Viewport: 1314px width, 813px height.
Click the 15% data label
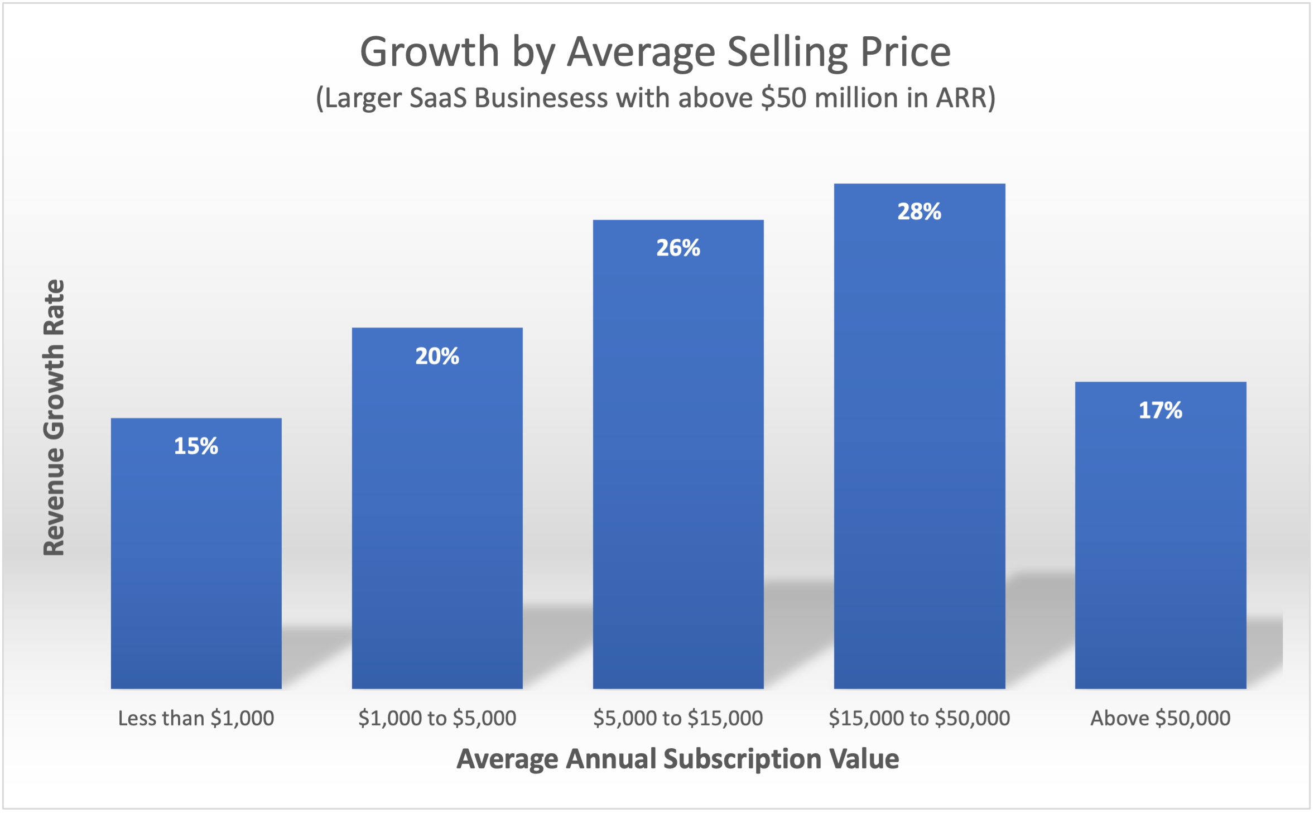tap(196, 446)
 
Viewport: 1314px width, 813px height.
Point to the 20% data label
tap(437, 356)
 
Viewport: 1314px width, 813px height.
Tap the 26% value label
tap(678, 248)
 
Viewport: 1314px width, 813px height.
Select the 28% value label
tap(919, 211)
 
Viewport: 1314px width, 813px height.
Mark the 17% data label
tap(1160, 410)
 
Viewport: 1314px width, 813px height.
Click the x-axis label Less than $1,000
tap(196, 718)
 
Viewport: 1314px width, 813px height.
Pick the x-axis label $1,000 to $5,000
tap(437, 718)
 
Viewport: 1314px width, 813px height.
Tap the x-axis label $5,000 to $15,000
tap(678, 718)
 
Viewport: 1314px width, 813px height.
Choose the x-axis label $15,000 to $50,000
tap(919, 718)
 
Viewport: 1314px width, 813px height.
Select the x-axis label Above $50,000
tap(1160, 718)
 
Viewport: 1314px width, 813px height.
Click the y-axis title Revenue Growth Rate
tap(54, 417)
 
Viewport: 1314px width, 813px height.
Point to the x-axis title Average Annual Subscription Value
tap(678, 759)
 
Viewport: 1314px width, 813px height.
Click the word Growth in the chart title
tap(430, 52)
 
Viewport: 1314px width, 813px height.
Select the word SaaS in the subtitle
tap(438, 98)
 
